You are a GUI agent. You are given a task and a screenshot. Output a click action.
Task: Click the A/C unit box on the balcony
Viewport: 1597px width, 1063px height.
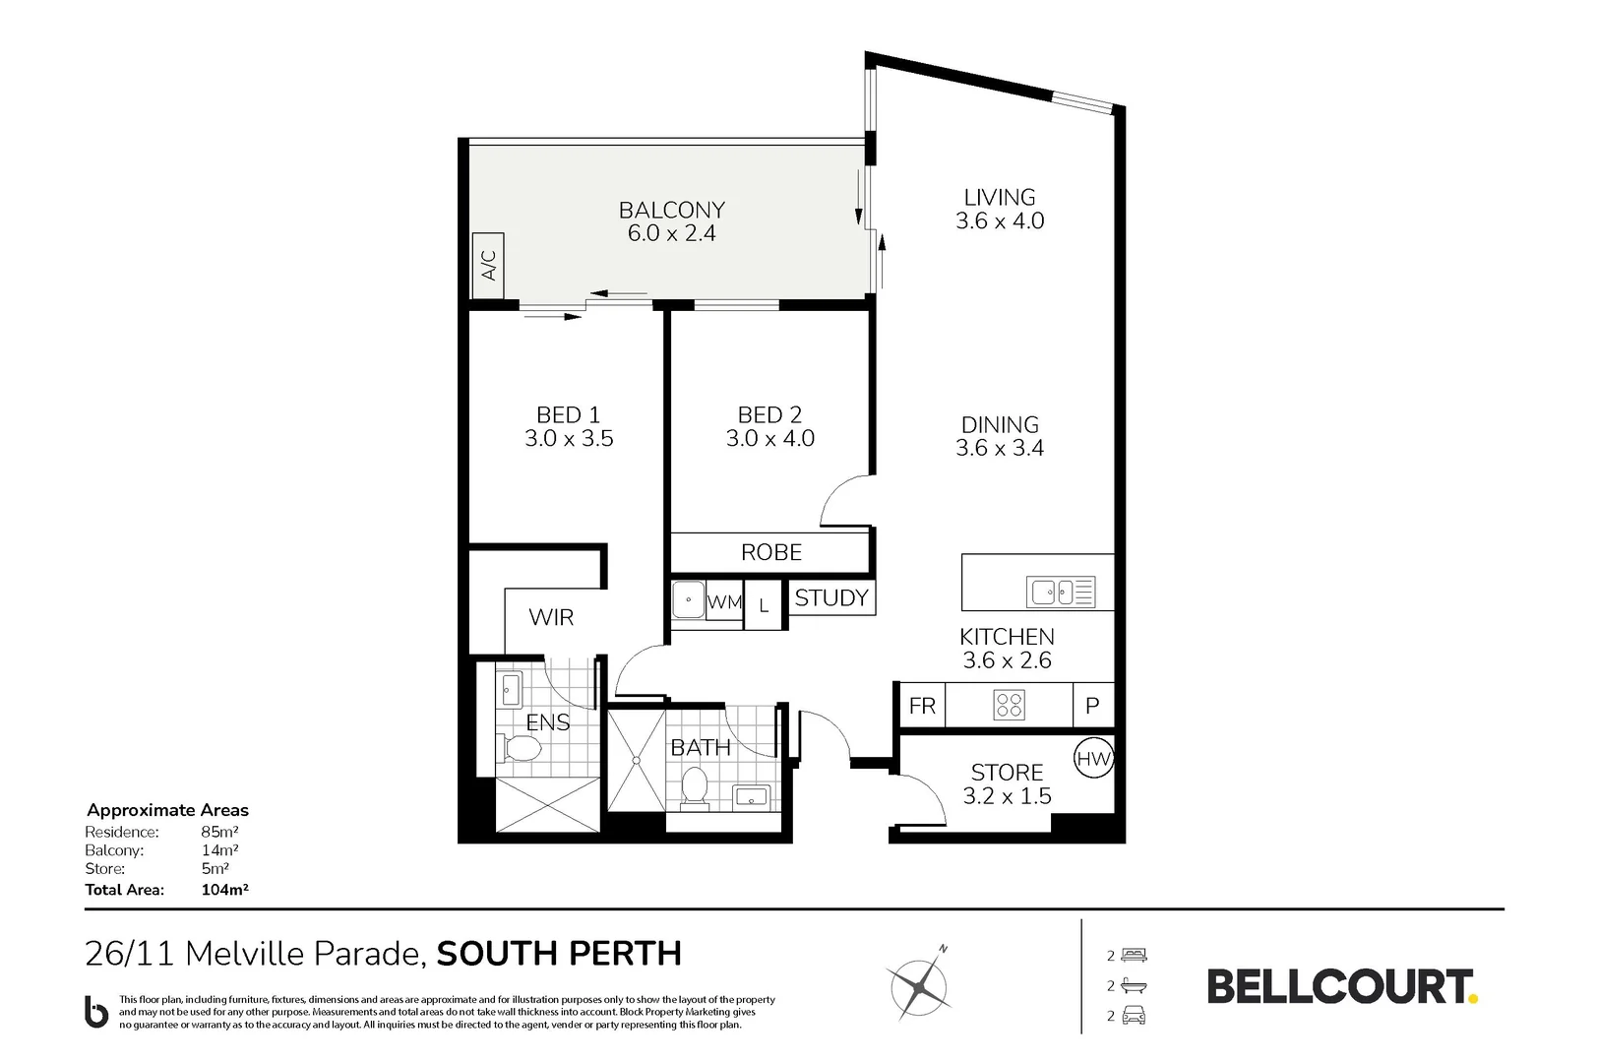pyautogui.click(x=488, y=258)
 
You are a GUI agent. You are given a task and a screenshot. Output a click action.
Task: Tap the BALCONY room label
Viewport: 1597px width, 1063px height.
pyautogui.click(x=671, y=210)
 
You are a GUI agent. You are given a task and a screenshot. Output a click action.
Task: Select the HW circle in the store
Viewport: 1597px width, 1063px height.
pyautogui.click(x=1092, y=758)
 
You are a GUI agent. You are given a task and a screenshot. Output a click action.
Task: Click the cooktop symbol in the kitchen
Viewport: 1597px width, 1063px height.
pyautogui.click(x=1009, y=705)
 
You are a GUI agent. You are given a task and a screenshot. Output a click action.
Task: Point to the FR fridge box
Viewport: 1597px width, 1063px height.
pyautogui.click(x=922, y=706)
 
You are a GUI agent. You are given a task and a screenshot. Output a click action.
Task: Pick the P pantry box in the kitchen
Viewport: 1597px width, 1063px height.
pyautogui.click(x=1092, y=706)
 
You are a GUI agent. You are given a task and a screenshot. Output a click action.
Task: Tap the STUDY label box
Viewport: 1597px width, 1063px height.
pyautogui.click(x=831, y=597)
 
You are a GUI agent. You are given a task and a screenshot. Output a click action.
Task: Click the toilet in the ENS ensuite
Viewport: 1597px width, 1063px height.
pyautogui.click(x=519, y=750)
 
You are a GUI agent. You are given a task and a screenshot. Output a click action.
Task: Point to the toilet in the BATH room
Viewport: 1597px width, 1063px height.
pyautogui.click(x=696, y=788)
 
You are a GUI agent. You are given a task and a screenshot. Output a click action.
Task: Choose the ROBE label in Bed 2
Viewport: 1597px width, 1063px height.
pyautogui.click(x=770, y=552)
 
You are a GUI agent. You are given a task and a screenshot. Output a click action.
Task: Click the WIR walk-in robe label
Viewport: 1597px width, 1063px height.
pyautogui.click(x=551, y=617)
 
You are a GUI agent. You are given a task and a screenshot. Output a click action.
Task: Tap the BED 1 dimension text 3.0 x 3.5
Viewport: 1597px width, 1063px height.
pyautogui.click(x=569, y=439)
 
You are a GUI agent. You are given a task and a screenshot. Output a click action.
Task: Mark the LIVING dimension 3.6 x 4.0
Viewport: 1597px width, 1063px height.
pyautogui.click(x=1000, y=220)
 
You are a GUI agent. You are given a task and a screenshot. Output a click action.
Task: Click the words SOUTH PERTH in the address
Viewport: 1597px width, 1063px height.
pyautogui.click(x=559, y=954)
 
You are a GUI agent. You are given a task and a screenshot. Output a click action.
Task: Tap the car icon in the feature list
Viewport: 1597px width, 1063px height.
pyautogui.click(x=1135, y=1016)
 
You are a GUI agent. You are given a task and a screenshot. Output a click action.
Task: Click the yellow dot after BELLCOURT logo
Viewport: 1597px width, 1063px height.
pyautogui.click(x=1473, y=998)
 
